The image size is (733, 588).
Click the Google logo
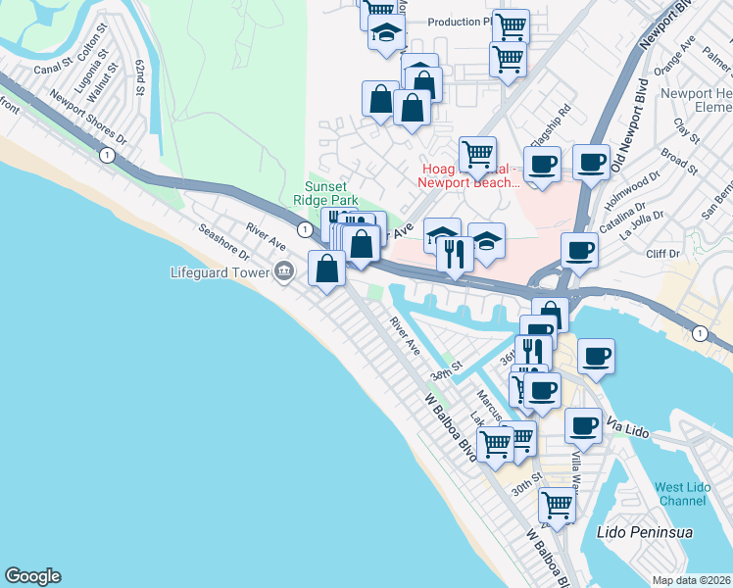click(32, 576)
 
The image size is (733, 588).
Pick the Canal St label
click(53, 69)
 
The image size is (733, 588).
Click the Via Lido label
click(627, 427)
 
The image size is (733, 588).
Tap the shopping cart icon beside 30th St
click(557, 505)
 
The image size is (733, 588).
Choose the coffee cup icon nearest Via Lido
click(584, 424)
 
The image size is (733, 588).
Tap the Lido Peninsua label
click(637, 531)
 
